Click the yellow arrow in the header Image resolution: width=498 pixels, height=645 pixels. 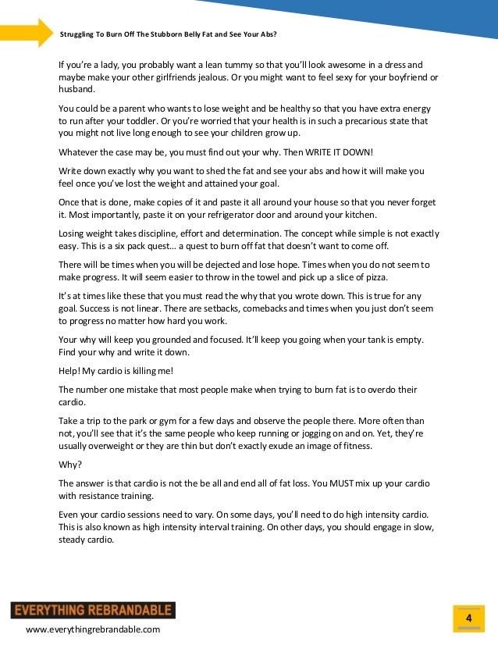point(27,32)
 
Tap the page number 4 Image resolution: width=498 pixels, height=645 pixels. point(468,618)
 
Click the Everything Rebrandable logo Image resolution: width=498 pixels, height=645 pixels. point(92,610)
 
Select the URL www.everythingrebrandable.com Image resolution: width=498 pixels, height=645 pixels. point(93,629)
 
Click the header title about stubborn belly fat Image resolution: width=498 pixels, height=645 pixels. point(168,34)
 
